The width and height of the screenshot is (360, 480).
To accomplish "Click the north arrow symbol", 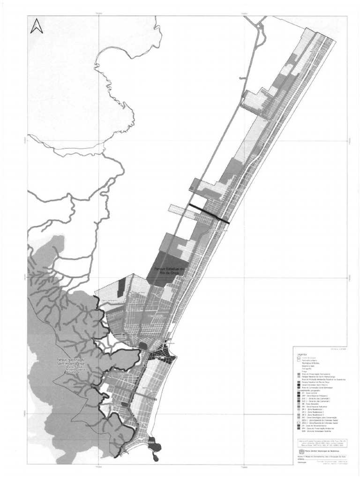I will [37, 27].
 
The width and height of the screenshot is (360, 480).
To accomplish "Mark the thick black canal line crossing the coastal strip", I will [209, 213].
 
